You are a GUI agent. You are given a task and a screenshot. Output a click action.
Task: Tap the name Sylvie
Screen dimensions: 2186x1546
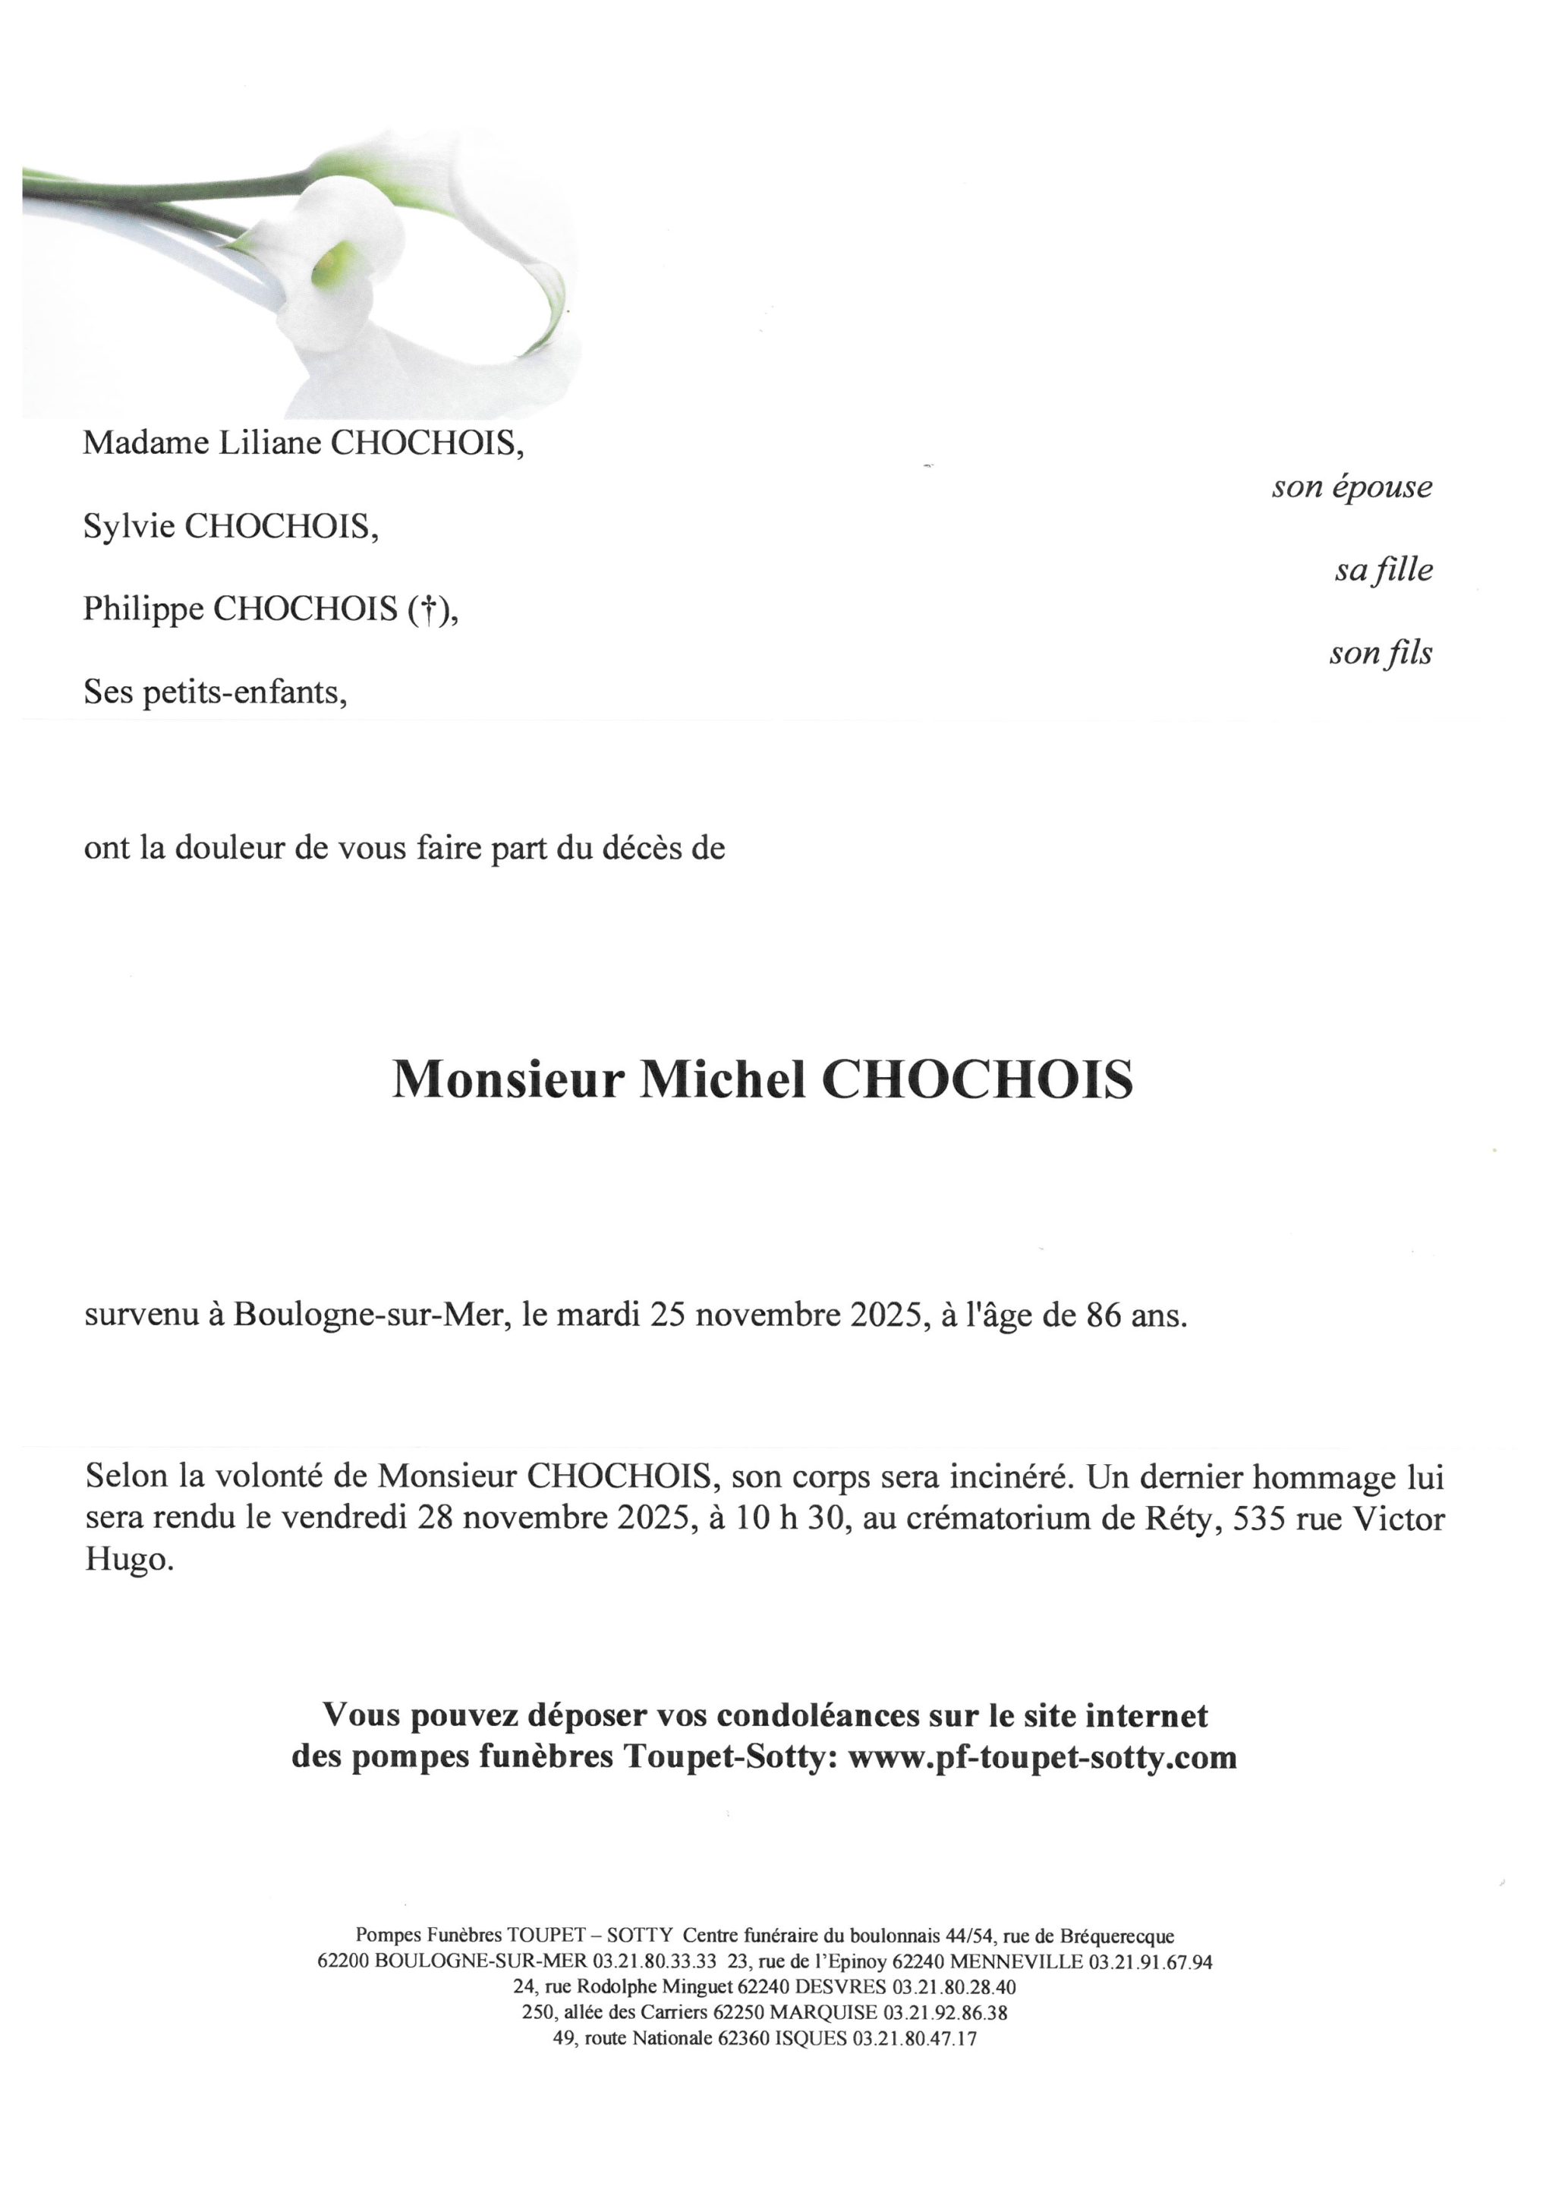tap(128, 527)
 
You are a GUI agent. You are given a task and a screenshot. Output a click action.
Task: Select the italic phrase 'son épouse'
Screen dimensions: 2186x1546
tap(1351, 487)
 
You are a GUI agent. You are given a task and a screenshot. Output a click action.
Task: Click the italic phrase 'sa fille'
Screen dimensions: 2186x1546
tap(1384, 570)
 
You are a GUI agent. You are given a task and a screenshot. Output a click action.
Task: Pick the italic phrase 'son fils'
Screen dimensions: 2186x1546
tap(1381, 653)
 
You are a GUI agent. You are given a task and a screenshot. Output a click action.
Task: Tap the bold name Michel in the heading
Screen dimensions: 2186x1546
tap(722, 1079)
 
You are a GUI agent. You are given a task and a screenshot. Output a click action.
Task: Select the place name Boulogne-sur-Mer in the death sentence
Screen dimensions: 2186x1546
tap(367, 1317)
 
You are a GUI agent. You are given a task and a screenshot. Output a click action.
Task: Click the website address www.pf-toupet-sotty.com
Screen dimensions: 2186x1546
tap(1041, 1756)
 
